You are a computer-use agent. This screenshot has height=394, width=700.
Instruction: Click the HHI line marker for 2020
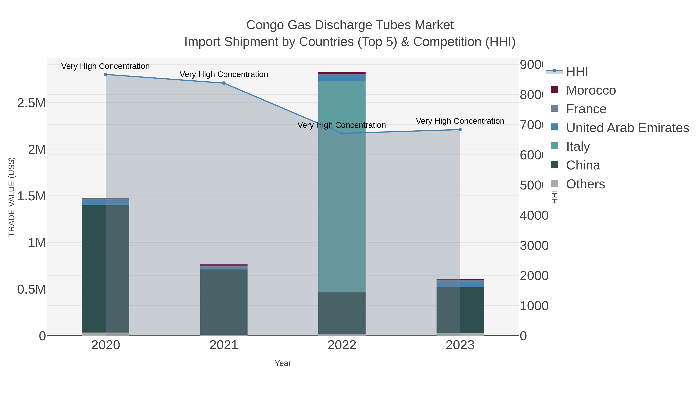(106, 75)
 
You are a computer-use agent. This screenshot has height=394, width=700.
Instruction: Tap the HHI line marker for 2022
(342, 133)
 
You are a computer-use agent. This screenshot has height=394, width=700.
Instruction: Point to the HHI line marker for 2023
(460, 130)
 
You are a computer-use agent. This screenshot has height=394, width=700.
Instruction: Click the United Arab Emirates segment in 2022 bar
(342, 78)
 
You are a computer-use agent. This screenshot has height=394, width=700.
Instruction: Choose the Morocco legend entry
(591, 90)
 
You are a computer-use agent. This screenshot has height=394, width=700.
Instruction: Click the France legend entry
(586, 109)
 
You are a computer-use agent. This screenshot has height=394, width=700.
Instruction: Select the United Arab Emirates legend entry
(627, 128)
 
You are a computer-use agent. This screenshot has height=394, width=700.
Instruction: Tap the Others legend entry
(585, 184)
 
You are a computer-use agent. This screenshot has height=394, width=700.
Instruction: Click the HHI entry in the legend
(577, 72)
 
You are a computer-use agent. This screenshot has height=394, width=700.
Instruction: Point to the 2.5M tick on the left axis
(31, 103)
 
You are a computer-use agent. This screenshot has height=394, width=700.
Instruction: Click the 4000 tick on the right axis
(534, 215)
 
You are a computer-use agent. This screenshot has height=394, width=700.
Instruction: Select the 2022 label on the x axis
(342, 345)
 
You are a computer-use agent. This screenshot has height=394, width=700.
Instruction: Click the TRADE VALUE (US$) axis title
(11, 197)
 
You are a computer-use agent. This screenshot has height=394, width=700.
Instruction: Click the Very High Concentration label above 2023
(460, 121)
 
